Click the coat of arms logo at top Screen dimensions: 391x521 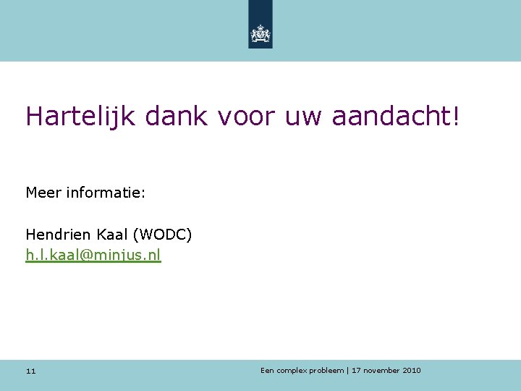tap(260, 33)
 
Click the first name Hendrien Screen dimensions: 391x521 tap(56, 235)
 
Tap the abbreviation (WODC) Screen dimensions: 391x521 tap(162, 235)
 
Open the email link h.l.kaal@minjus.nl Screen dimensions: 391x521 tap(93, 255)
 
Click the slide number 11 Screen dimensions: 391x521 tap(30, 371)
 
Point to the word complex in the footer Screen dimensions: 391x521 tap(291, 371)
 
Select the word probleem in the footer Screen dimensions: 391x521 tap(326, 371)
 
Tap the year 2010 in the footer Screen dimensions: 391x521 tap(412, 371)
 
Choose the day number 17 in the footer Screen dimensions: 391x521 tap(356, 371)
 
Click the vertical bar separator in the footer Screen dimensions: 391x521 tap(348, 371)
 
